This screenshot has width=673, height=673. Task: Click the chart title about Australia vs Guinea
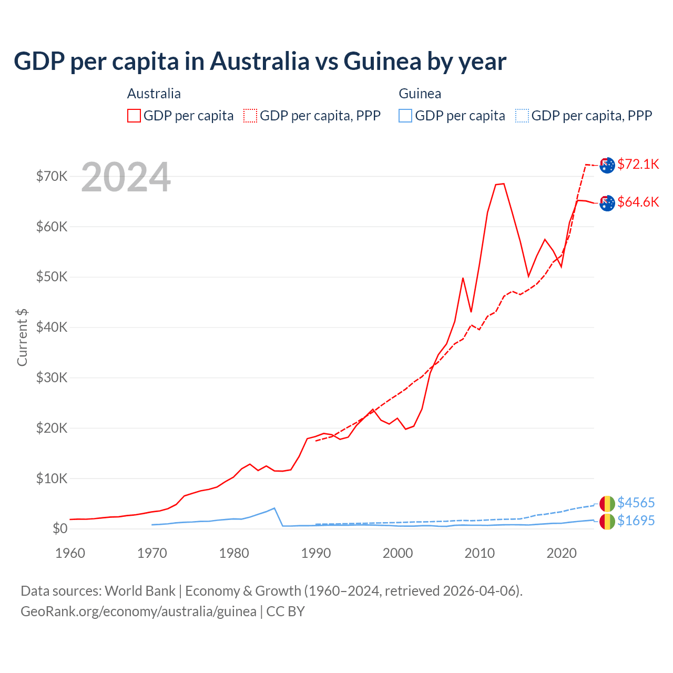[x=260, y=62]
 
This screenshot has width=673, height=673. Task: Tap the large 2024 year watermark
[x=126, y=177]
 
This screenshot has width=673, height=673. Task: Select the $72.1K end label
[x=638, y=164]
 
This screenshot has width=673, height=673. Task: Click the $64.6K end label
[x=638, y=202]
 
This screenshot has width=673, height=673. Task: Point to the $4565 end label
[x=636, y=503]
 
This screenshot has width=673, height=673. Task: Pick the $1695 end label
[x=636, y=521]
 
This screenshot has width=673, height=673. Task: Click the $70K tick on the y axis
[x=52, y=176]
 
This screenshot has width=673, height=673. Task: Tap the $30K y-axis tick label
[x=52, y=378]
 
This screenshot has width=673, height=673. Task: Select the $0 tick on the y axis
[x=60, y=528]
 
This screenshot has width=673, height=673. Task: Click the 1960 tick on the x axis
[x=70, y=553]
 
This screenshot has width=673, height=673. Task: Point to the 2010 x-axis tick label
[x=480, y=553]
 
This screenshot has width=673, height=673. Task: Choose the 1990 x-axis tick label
[x=316, y=553]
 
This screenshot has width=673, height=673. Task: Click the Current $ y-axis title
[x=22, y=337]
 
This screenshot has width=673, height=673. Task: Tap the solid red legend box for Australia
[x=134, y=116]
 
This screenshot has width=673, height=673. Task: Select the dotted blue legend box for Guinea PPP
[x=522, y=116]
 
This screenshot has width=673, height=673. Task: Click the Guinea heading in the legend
[x=420, y=94]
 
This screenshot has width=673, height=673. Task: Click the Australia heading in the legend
[x=154, y=94]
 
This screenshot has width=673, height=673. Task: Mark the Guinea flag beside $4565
[x=607, y=503]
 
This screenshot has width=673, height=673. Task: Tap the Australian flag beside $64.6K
[x=607, y=202]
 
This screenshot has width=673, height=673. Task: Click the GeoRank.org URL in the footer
[x=138, y=611]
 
